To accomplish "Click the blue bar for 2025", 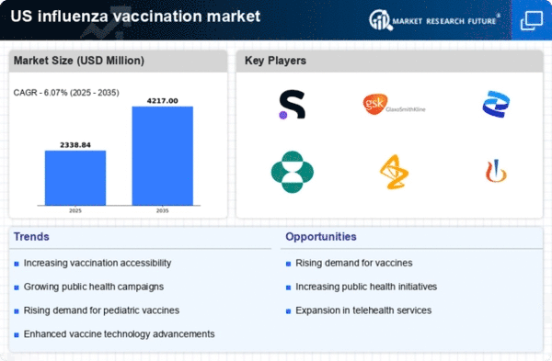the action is tap(75, 178).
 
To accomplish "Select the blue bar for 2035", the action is tap(163, 156).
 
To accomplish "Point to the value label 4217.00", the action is tap(162, 101).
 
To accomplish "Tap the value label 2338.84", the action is tap(75, 145).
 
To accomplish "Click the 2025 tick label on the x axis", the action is tap(75, 210).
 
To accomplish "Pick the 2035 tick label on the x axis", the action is tap(162, 210).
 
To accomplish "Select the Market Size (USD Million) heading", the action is tap(79, 61).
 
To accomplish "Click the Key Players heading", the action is tap(275, 61).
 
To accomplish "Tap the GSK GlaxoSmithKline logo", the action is tap(394, 105).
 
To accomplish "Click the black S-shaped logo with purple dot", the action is tap(293, 105).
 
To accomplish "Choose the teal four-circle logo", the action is tap(293, 172).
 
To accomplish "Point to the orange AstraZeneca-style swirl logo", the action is tap(394, 172).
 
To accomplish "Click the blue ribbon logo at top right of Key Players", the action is tap(496, 104).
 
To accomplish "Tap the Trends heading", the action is tap(31, 237).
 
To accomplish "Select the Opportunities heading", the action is tap(321, 237).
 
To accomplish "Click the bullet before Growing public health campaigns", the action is tap(17, 288).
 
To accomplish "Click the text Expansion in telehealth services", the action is tap(363, 310).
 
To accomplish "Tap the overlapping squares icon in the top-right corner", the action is tap(532, 20).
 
